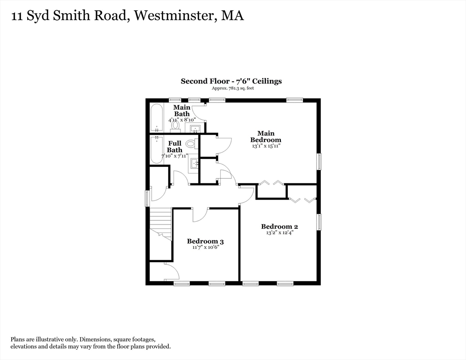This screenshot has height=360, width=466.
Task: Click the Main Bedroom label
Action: [265, 136]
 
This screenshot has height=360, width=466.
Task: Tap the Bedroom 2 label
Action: [279, 226]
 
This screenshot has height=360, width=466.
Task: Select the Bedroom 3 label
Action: [205, 241]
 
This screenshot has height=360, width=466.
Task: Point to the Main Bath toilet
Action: [175, 125]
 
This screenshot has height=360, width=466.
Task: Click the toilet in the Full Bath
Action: [191, 144]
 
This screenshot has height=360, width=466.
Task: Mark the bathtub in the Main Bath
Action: [156, 117]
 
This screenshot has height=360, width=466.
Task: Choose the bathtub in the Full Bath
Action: [156, 150]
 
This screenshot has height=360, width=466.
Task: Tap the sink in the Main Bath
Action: [195, 127]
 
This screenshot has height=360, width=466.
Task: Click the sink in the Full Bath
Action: [194, 164]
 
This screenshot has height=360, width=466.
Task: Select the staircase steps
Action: [160, 223]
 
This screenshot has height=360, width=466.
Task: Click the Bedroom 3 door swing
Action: [199, 214]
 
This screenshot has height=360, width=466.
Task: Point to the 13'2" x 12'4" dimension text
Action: [279, 233]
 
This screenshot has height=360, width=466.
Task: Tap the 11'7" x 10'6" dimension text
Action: [205, 247]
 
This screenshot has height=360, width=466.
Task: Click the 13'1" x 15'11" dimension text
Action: [265, 146]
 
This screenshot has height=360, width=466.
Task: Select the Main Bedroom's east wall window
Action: [319, 161]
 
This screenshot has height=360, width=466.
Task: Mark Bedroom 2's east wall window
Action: [319, 222]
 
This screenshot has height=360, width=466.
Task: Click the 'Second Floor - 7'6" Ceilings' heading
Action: [231, 81]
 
